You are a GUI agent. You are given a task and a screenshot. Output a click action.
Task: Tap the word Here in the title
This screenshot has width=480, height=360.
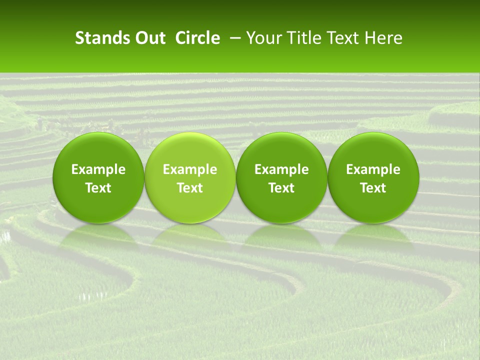pos(383,38)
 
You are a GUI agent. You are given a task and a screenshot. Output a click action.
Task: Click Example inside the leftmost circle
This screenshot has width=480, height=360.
pos(98,169)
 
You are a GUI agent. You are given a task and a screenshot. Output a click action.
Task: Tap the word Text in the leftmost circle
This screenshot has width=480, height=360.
pos(98,187)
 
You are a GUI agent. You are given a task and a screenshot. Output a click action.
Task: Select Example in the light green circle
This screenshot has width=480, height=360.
pos(190,169)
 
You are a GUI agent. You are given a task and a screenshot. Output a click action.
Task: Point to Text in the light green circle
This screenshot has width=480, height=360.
pos(190,187)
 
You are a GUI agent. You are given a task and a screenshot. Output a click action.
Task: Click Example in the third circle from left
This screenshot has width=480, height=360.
pos(281,169)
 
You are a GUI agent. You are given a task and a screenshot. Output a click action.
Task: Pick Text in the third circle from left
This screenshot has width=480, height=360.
pos(281,187)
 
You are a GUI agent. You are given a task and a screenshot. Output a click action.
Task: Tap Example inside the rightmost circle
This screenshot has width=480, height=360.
pos(373,169)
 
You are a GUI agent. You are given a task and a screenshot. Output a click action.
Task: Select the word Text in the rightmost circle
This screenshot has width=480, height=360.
pos(373,187)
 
